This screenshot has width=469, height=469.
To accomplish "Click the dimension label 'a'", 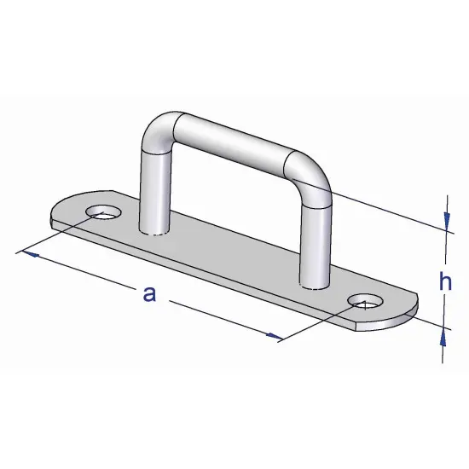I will [x=149, y=294].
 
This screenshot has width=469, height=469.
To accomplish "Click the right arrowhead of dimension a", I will [x=273, y=338].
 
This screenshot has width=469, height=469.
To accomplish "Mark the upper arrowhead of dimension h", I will [x=444, y=223].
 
